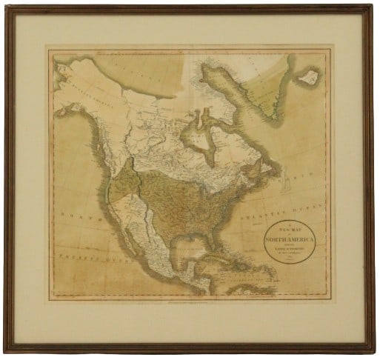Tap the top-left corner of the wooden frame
[x=6, y=7]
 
